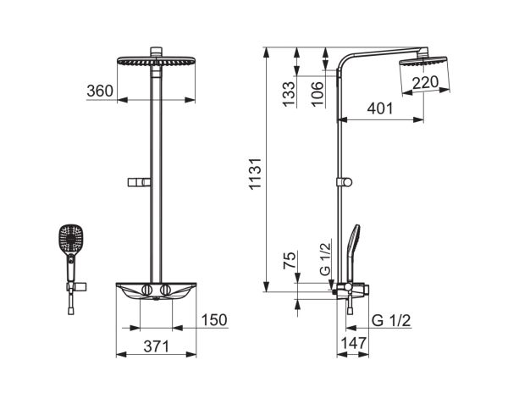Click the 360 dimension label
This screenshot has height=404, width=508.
click(100, 91)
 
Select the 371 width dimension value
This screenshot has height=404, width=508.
click(156, 346)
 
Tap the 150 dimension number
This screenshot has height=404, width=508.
click(214, 320)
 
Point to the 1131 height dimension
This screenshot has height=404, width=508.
click(255, 174)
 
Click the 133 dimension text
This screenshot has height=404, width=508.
click(289, 94)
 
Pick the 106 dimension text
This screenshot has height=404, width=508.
click(317, 94)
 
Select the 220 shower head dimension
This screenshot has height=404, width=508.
click(425, 82)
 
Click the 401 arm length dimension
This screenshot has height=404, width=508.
click(379, 108)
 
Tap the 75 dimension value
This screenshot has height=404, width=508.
click(290, 259)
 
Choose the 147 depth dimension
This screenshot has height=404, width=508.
click(353, 343)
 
